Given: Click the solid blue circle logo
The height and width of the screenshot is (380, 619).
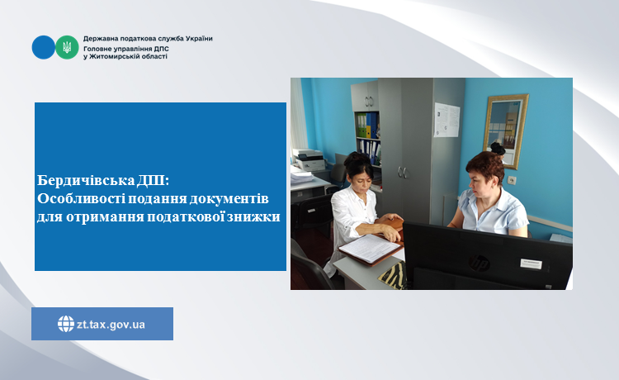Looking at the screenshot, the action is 44,47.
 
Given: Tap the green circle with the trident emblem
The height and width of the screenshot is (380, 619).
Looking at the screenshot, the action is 67,47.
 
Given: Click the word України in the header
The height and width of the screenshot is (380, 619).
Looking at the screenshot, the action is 200,39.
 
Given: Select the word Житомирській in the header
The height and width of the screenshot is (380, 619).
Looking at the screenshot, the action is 111,56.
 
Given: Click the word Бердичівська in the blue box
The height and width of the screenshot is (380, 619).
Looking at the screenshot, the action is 86,181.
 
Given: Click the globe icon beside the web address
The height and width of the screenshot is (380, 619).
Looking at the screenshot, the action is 66,324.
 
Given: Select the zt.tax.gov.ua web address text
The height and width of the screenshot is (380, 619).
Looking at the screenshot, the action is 111,325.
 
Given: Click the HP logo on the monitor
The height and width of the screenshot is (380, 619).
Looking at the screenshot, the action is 480,263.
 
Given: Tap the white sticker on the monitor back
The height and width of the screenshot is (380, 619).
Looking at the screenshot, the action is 531,264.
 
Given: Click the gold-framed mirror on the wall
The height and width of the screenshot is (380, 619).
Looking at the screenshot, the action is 506,131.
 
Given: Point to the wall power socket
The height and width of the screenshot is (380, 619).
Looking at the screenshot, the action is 512,180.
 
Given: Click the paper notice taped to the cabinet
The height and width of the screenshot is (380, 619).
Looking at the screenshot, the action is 447,120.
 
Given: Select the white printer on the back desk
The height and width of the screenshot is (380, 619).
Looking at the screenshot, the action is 309,159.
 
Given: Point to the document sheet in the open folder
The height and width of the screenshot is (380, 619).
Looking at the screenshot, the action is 370,248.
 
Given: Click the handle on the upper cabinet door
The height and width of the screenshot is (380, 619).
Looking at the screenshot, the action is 369,102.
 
